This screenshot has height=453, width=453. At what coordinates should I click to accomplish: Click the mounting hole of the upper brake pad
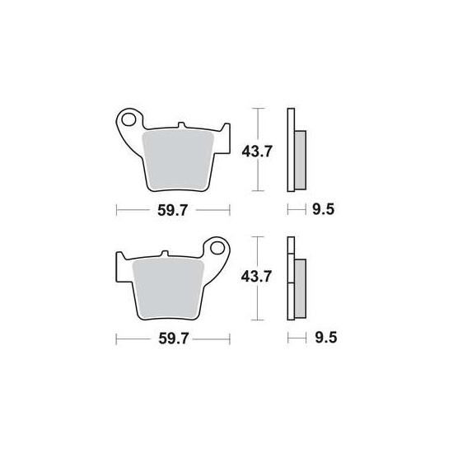coord(128,119)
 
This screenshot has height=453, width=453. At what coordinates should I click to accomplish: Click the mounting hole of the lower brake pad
coord(217,248)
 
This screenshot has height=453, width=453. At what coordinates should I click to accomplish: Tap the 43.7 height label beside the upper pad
coord(257,152)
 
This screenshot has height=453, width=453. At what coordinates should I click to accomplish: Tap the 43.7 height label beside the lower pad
coord(256,277)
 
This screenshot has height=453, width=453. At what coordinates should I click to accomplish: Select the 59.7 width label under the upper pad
coord(173,210)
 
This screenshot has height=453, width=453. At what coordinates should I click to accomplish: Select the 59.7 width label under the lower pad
coord(174,339)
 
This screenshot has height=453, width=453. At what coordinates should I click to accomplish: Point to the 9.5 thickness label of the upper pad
coord(324,209)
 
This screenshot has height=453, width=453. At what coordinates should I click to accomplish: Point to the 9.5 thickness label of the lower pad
coord(326,338)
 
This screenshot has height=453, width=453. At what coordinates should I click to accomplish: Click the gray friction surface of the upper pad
coord(178,160)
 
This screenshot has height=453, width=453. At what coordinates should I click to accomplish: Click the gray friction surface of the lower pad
coord(168,288)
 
